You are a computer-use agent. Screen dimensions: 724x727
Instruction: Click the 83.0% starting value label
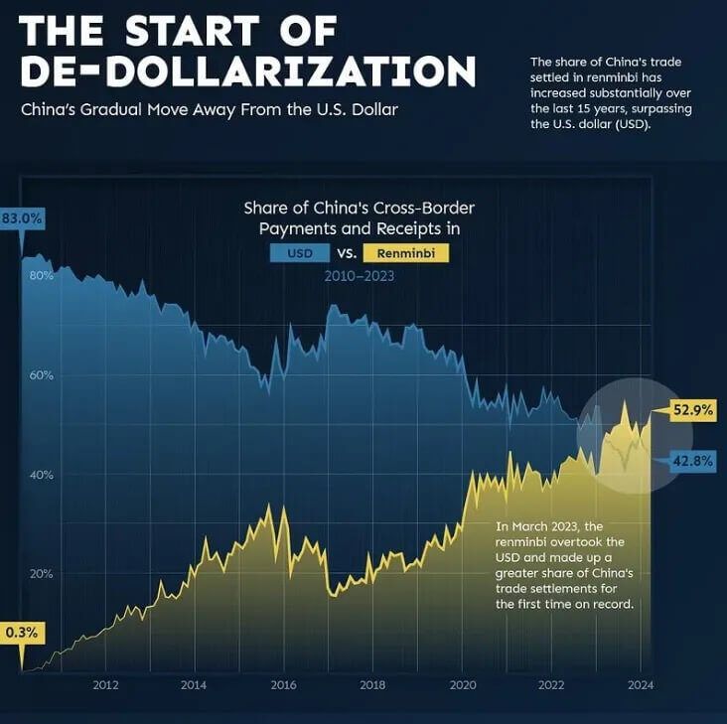pos(22,218)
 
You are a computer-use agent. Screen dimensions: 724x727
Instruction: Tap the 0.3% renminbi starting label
pos(21,631)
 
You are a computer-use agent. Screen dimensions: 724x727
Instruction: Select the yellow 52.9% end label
pos(691,408)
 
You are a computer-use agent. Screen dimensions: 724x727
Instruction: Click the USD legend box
pos(300,253)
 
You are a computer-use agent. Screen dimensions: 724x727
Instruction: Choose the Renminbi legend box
pos(406,253)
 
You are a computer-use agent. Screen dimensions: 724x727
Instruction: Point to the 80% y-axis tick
pos(41,275)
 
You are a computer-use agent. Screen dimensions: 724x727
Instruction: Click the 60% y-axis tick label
pos(41,375)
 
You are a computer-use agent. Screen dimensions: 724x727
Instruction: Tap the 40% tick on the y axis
pos(41,475)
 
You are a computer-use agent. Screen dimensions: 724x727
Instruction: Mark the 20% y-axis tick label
pos(41,573)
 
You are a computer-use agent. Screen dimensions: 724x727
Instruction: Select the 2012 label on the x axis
pos(105,684)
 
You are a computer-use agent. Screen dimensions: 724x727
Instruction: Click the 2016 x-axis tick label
pos(284,684)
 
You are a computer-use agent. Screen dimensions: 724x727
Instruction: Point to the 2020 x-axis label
pos(462,684)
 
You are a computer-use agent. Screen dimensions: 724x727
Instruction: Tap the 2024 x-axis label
pos(641,684)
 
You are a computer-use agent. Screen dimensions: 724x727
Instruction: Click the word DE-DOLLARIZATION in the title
pos(247,72)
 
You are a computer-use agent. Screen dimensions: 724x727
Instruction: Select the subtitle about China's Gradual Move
pos(210,109)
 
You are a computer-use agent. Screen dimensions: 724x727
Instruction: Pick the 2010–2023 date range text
pos(359,276)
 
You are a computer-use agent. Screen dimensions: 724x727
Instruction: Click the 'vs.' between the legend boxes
pos(346,253)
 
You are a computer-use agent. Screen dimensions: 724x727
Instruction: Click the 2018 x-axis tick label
pos(372,684)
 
